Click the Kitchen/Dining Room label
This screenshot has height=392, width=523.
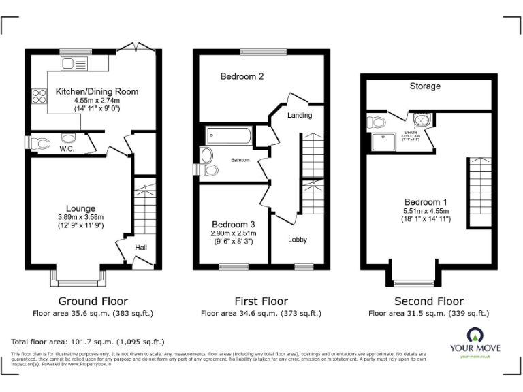tap(97, 91)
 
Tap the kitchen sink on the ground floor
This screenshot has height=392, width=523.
tap(70, 64)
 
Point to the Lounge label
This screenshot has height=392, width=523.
tap(80, 208)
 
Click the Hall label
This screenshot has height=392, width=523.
tap(141, 248)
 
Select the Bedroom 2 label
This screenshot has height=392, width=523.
tap(242, 77)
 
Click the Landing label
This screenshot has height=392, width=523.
tap(300, 115)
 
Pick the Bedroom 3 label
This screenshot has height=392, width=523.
tap(233, 225)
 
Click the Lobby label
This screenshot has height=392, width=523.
tap(298, 240)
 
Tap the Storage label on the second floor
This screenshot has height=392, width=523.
tap(425, 86)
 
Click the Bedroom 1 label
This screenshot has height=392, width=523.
tap(426, 202)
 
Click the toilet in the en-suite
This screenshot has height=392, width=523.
tap(377, 122)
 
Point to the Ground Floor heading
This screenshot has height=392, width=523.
tap(93, 301)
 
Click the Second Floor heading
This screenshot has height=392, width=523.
tap(429, 301)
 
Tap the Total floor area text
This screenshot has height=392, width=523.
tap(88, 342)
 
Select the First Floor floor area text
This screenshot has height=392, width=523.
tap(261, 314)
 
